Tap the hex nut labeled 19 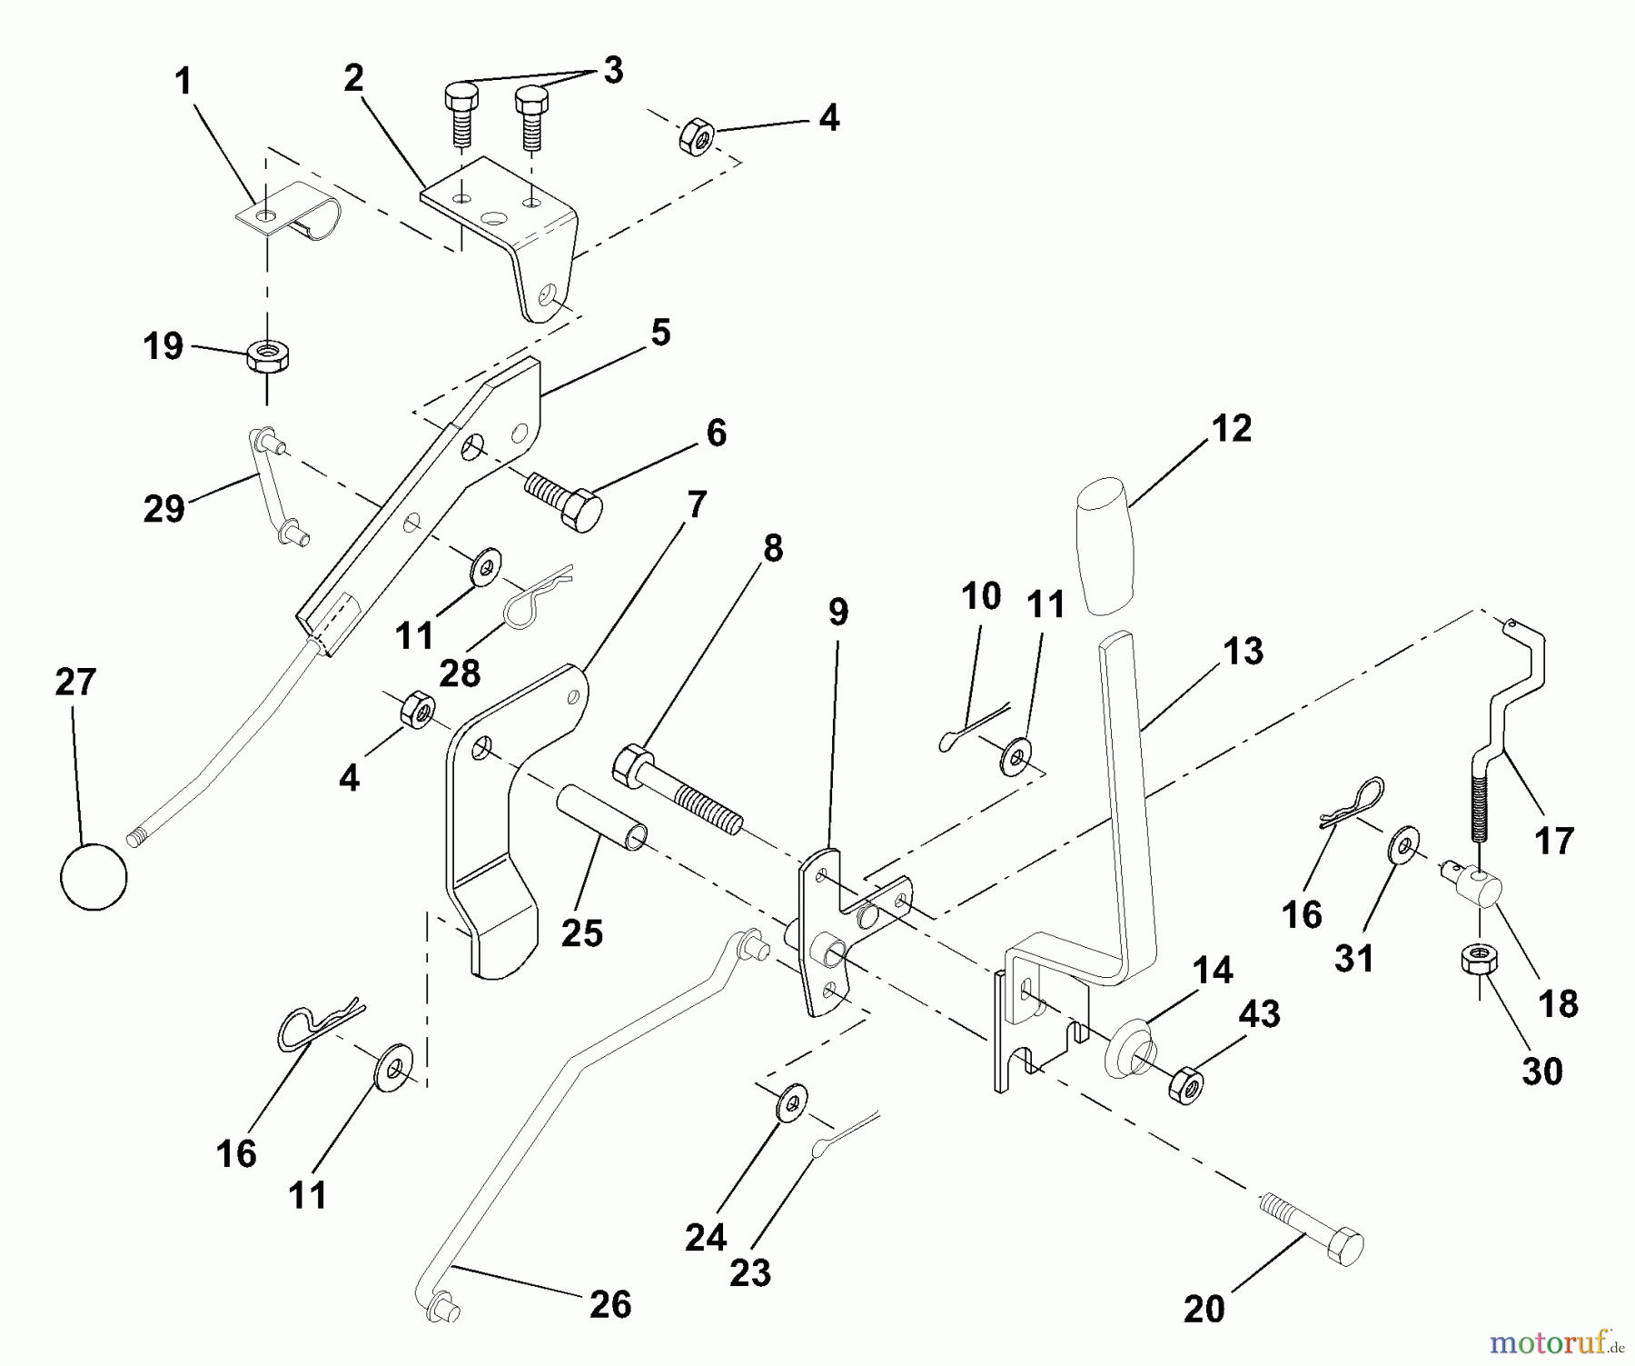268,354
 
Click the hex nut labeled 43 1185,1084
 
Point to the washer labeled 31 1405,845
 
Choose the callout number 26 610,1305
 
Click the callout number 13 1243,652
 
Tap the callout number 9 837,613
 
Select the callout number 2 353,78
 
